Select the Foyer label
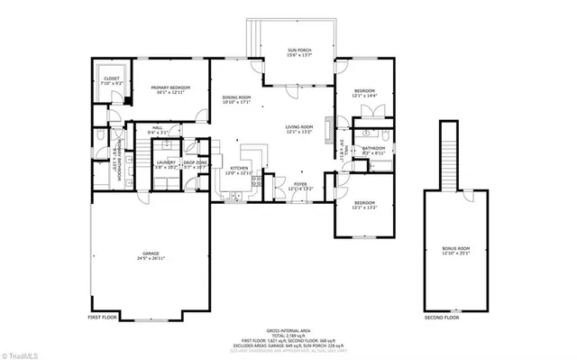point(299,186)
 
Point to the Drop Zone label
point(196,164)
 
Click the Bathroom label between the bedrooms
point(373,150)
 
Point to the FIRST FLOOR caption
point(104,318)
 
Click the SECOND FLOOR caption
point(442,318)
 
